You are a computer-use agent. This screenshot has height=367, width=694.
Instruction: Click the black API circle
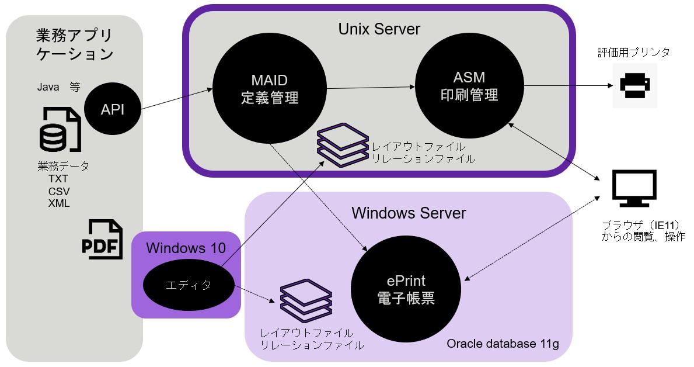click(x=113, y=109)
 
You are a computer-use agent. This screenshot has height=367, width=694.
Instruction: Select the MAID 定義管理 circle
click(x=269, y=89)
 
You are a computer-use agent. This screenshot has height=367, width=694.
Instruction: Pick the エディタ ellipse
click(x=189, y=286)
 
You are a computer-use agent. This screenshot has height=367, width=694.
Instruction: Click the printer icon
click(x=634, y=85)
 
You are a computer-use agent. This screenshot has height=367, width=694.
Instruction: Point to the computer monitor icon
click(x=634, y=189)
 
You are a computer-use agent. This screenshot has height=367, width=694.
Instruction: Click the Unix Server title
click(x=379, y=29)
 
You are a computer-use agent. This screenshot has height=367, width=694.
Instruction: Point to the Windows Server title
click(x=409, y=213)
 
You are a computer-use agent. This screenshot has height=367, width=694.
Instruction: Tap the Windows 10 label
click(x=186, y=247)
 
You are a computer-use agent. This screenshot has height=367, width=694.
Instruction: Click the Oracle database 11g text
click(x=503, y=344)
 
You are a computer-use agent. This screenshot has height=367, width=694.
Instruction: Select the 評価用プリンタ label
click(x=633, y=52)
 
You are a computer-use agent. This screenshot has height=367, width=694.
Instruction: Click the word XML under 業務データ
click(x=59, y=203)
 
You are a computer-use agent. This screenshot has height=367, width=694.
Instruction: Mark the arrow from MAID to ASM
click(x=370, y=88)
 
